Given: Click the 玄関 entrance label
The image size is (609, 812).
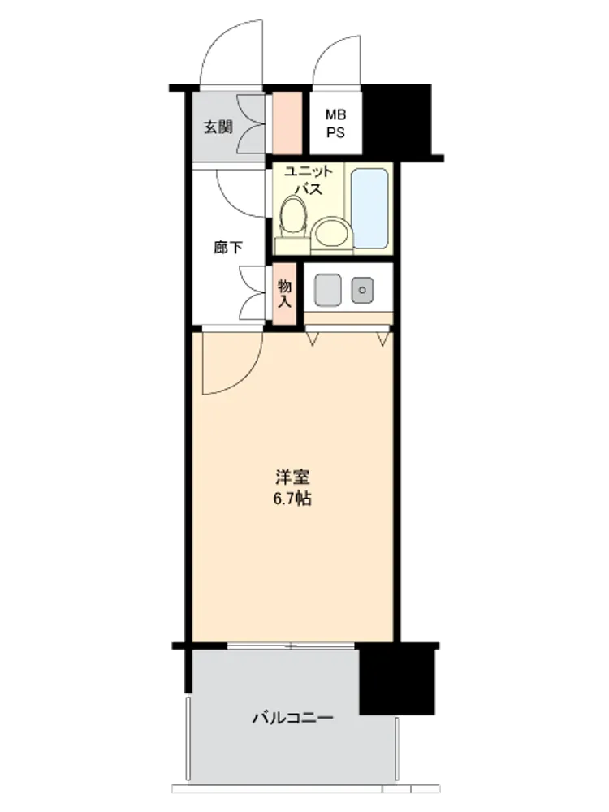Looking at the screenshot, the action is tap(218, 127).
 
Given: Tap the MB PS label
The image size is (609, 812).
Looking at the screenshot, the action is tap(335, 123).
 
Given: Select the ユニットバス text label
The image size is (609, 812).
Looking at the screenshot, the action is tap(308, 179).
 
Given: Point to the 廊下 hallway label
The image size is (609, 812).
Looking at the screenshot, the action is tap(228, 248).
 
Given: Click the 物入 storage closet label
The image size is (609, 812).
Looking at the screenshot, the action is tap(284, 294).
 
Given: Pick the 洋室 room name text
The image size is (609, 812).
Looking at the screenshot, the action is tap(292, 477).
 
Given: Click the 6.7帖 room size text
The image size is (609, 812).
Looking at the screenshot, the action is tap(292, 499).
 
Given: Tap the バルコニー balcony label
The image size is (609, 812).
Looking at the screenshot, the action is tap(292, 718).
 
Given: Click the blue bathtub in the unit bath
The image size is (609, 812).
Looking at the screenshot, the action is tap(369, 208).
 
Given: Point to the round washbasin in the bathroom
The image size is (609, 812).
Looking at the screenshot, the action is tap(331, 232).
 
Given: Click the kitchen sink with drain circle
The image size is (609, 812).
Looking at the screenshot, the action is tap(362, 290).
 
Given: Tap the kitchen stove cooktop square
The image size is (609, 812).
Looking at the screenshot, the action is tap(328, 290).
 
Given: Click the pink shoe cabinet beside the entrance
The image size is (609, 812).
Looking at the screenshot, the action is tap(287, 123).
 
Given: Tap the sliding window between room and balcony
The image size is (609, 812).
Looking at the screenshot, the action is tap(291, 646).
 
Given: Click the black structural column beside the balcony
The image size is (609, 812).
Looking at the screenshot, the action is tap(397, 679).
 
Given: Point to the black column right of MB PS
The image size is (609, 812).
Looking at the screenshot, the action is tap(397, 119).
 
